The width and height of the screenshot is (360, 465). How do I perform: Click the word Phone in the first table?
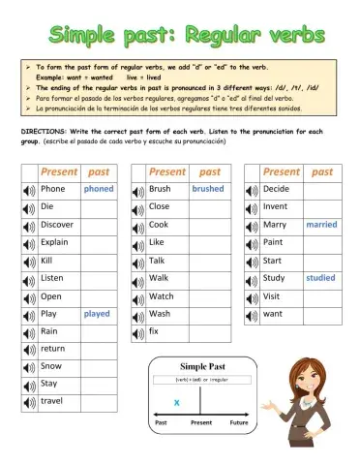coord(53,190)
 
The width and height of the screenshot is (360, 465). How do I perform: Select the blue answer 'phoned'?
coord(98,190)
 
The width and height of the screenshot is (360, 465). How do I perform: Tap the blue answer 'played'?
coord(97,314)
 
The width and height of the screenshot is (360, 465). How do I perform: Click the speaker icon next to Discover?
coord(29,225)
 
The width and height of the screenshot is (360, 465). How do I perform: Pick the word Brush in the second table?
coord(160,190)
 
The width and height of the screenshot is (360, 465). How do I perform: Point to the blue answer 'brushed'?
coord(207,190)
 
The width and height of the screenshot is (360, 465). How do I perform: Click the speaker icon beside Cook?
coord(137,225)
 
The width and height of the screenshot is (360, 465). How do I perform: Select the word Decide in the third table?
coord(276,189)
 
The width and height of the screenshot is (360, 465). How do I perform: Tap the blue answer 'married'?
coord(320,225)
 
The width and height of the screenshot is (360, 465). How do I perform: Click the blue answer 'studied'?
coord(320,278)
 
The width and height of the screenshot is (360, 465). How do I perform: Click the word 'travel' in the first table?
coord(52,401)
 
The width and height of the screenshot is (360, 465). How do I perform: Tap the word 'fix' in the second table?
coord(154,331)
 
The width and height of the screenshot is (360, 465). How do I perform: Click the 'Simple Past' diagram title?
coord(201,366)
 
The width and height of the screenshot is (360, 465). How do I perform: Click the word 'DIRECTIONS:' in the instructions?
coord(44,130)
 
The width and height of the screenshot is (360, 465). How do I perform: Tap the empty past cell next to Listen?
coord(98,278)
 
